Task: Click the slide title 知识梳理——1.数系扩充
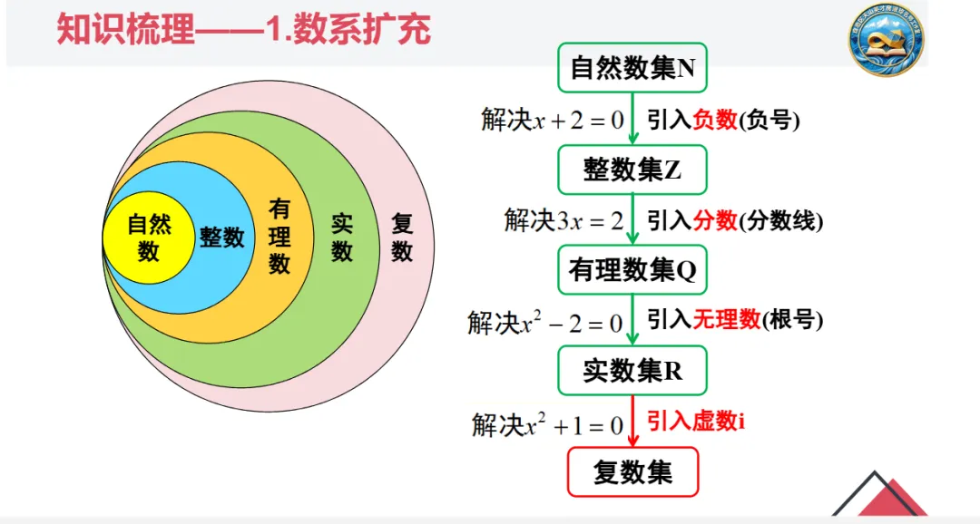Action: point(243,29)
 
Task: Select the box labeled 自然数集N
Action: point(632,68)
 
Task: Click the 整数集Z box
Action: point(632,170)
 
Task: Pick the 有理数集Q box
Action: point(632,270)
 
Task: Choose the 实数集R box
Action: point(632,371)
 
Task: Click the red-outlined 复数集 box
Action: point(632,472)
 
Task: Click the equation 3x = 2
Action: point(590,221)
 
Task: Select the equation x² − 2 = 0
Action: point(570,323)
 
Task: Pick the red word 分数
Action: point(715,220)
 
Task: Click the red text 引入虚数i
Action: point(696,421)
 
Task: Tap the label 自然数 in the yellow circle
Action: point(149,238)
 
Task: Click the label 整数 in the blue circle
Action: point(222,238)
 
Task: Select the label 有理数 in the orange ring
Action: point(279,238)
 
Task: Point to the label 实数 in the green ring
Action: point(341,238)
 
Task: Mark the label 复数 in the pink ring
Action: point(402,238)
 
